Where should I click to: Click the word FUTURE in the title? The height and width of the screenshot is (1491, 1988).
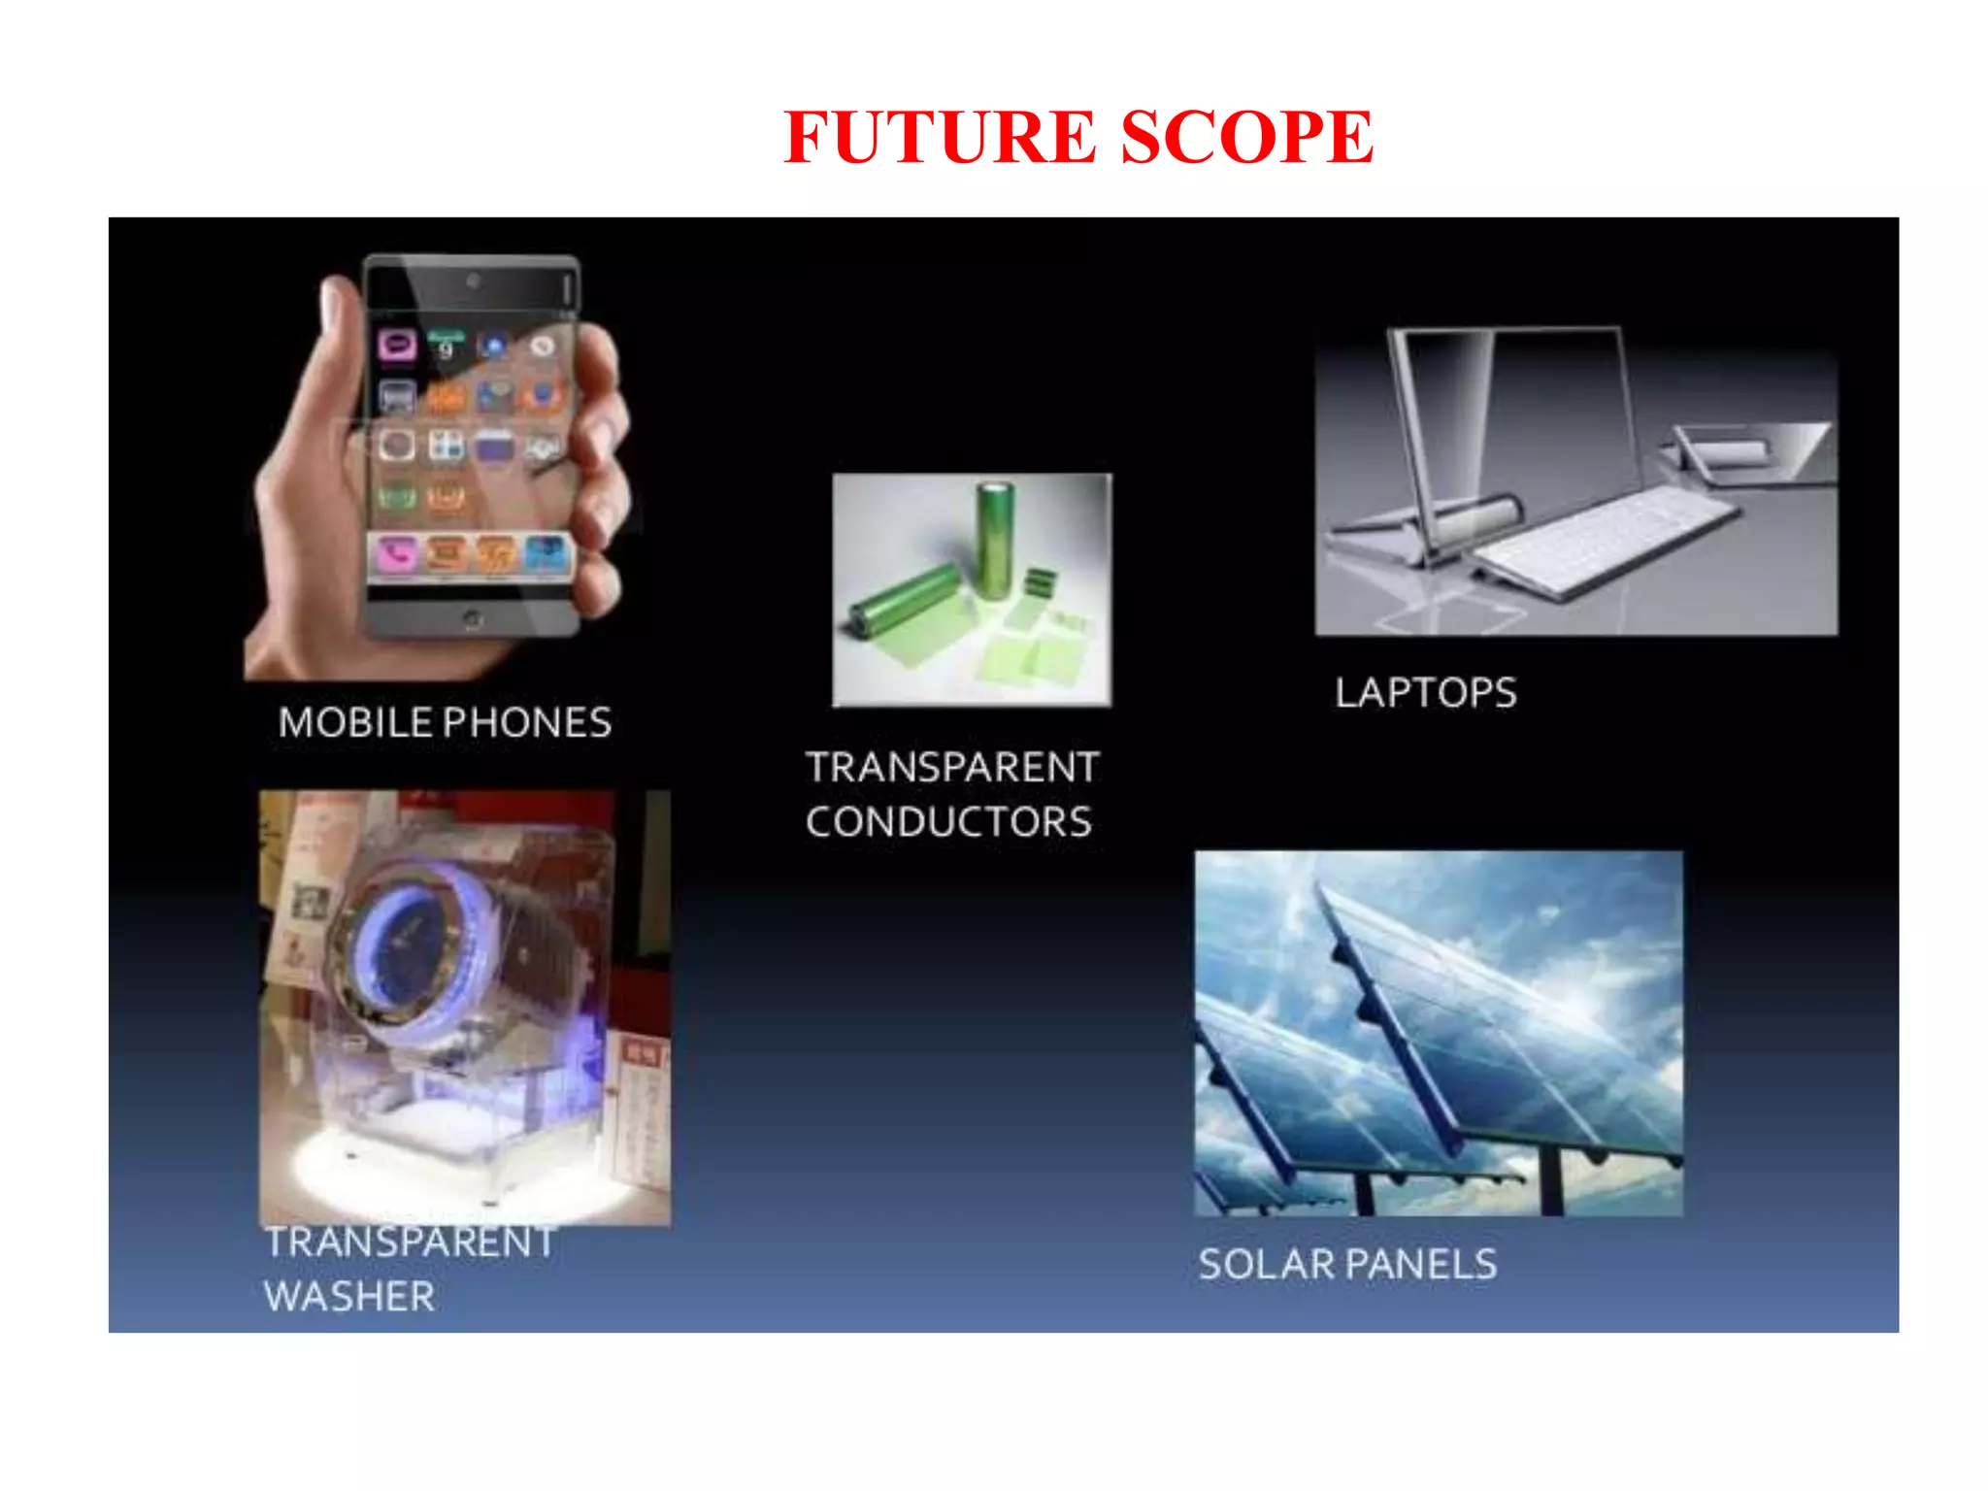[x=939, y=137]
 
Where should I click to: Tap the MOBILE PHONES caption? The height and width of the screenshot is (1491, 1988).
[x=445, y=723]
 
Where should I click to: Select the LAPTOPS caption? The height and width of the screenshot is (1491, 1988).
[x=1425, y=693]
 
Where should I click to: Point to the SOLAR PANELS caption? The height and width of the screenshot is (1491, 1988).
[x=1347, y=1265]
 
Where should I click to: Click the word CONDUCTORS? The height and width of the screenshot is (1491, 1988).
[x=948, y=822]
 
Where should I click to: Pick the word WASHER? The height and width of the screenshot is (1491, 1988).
[x=349, y=1297]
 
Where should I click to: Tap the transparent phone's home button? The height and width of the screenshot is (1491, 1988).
[x=472, y=618]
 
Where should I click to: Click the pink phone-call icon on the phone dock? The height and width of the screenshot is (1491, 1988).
[x=396, y=554]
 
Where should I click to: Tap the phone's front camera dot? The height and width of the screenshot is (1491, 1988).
[x=473, y=282]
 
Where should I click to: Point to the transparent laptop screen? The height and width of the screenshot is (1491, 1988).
[x=1514, y=417]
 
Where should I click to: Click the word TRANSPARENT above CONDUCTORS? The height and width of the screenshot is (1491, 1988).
[x=952, y=768]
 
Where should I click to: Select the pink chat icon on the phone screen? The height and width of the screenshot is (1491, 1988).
[x=397, y=345]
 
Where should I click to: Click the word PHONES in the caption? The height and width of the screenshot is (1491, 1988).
[x=527, y=723]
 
